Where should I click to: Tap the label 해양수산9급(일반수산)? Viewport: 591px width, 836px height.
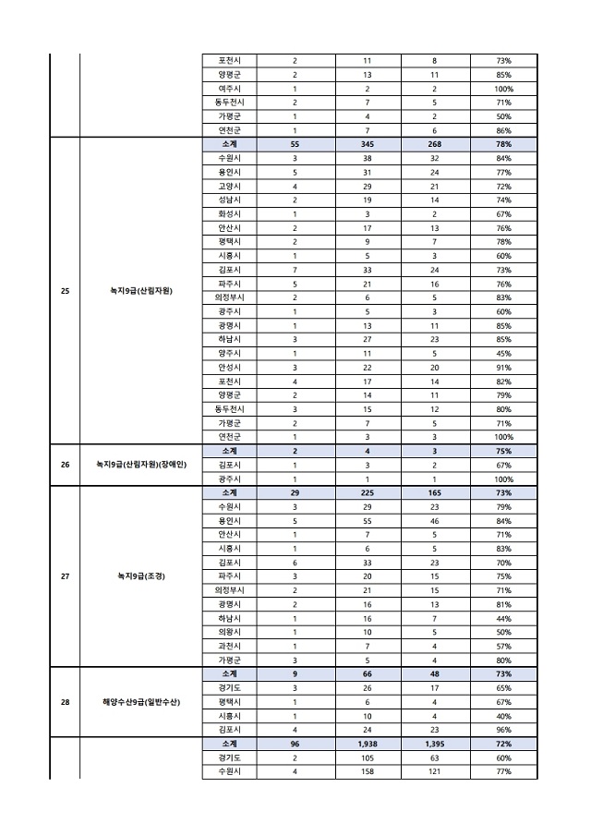(x=141, y=702)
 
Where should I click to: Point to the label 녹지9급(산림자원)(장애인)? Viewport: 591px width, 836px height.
(x=141, y=464)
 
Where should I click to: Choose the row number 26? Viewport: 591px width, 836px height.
(x=65, y=464)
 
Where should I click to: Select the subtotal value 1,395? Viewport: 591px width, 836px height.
(x=434, y=744)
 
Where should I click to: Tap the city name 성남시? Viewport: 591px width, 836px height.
(x=229, y=200)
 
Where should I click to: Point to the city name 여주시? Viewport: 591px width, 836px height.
(x=229, y=89)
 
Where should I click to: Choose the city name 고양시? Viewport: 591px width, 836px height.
(x=229, y=186)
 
